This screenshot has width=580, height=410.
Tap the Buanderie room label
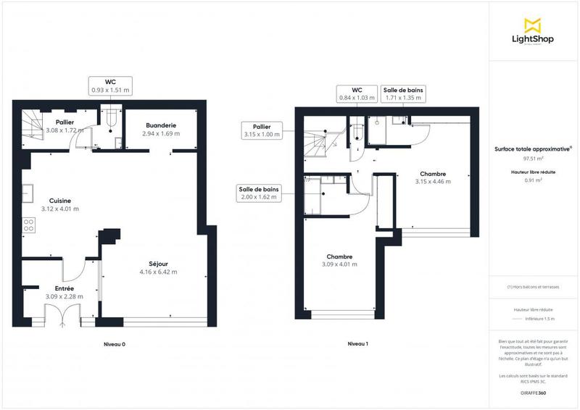pos(159,130)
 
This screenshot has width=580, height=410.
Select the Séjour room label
pos(158,267)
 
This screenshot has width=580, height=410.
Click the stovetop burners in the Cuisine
pos(30,225)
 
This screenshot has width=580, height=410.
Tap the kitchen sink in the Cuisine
pos(29,193)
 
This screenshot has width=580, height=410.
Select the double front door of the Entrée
pos(61,316)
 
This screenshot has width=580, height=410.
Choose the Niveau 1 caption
pos(357,344)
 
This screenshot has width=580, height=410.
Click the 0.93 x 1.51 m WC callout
pos(110,86)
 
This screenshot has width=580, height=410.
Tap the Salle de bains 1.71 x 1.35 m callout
pos(405,93)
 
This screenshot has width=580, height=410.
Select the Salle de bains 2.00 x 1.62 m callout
pos(257,192)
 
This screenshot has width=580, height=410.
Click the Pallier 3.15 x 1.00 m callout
pos(262,130)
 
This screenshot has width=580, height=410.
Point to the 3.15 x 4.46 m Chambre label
pos(432,177)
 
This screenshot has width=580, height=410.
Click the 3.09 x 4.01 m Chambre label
pos(339,261)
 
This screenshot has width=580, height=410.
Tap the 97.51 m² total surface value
pos(533,157)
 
